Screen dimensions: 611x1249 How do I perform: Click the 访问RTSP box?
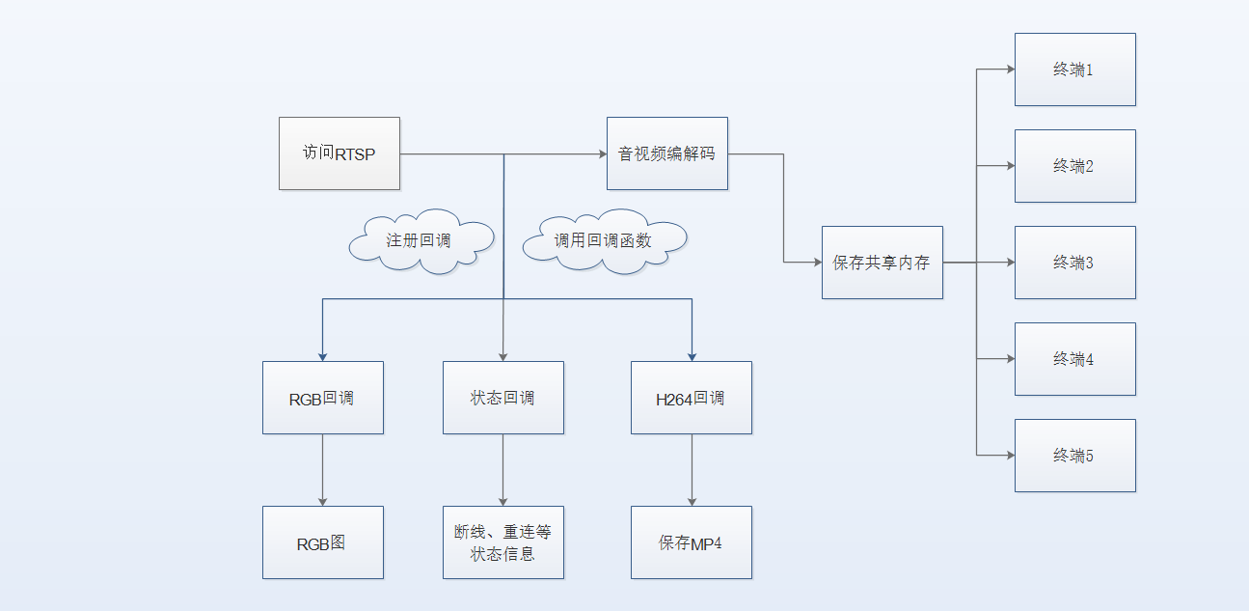pos(339,153)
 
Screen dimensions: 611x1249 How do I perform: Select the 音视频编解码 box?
pos(666,153)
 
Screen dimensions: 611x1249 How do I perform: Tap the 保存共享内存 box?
pos(882,263)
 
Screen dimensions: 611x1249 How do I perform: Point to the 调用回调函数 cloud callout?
pos(604,240)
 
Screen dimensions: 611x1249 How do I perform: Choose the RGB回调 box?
pos(322,398)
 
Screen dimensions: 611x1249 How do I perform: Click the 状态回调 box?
pos(502,398)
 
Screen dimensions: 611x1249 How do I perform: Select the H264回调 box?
pos(691,398)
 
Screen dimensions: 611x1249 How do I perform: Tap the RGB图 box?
pos(322,542)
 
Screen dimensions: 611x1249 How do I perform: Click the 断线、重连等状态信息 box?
pos(502,542)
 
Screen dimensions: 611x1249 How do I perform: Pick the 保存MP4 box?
pos(691,542)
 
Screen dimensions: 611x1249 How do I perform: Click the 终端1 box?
pos(1074,69)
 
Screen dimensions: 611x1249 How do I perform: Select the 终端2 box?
pos(1074,166)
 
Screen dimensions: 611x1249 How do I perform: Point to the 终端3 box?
pos(1074,263)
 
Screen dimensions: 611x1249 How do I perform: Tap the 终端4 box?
pos(1074,359)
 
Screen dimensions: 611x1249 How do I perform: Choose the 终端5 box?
pos(1074,456)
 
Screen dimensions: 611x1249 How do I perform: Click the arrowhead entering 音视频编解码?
pos(600,153)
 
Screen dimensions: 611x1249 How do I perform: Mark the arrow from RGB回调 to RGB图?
pos(322,470)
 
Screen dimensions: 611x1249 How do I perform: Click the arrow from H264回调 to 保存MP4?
pos(691,470)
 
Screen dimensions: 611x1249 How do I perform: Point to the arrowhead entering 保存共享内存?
pos(815,263)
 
